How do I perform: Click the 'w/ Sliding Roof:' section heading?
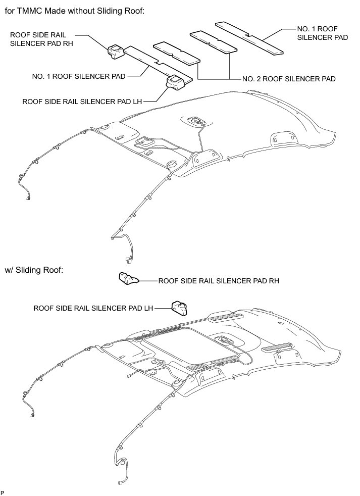coord(34,270)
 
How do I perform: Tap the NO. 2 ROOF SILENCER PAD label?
coord(289,79)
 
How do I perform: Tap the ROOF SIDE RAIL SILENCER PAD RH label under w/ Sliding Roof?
coord(219,280)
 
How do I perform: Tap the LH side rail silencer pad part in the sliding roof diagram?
coord(179,307)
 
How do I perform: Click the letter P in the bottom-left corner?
coord(3,491)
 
